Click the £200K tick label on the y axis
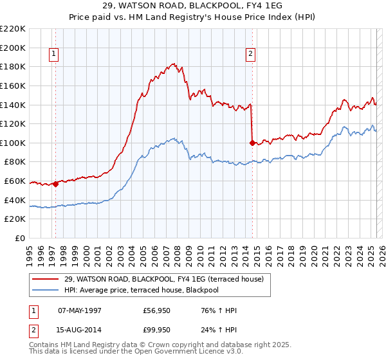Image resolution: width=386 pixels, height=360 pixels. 14,48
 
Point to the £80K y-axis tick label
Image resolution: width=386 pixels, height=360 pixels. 16,162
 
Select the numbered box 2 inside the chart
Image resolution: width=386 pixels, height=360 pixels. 250,55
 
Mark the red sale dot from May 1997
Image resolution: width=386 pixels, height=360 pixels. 55,184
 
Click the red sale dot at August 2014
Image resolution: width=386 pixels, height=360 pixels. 252,143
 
